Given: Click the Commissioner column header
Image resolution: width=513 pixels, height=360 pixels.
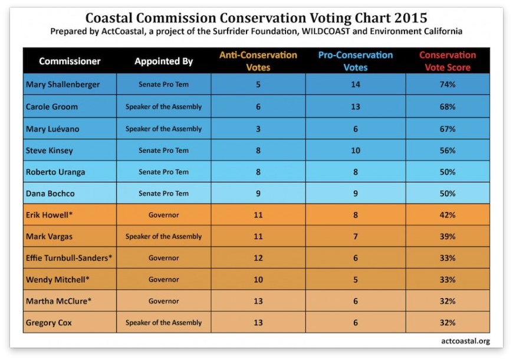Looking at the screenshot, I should pyautogui.click(x=70, y=61).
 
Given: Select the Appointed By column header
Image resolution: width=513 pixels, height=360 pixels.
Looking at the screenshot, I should pyautogui.click(x=163, y=61).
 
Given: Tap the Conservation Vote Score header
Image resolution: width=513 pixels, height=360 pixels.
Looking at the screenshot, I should pyautogui.click(x=448, y=61).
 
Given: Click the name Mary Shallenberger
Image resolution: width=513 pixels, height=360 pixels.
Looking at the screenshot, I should pyautogui.click(x=63, y=84).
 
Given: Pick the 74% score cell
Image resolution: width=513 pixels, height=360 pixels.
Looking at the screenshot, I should pyautogui.click(x=448, y=84).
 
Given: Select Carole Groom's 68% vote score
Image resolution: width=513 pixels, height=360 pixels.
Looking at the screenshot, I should pyautogui.click(x=448, y=107).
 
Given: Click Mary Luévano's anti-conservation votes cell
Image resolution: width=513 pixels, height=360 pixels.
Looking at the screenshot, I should pyautogui.click(x=258, y=129).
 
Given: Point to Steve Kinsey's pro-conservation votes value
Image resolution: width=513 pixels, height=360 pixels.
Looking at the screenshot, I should pyautogui.click(x=356, y=150).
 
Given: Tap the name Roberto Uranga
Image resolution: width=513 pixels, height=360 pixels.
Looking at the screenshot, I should pyautogui.click(x=55, y=172).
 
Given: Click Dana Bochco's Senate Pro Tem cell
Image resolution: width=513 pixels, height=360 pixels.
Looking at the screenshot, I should pyautogui.click(x=163, y=194).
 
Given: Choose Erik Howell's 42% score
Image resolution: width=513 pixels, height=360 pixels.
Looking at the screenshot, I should pyautogui.click(x=448, y=215).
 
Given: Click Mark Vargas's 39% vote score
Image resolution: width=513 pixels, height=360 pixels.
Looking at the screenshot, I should pyautogui.click(x=448, y=237).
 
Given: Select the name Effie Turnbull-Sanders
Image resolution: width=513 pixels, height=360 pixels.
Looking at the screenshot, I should pyautogui.click(x=69, y=258).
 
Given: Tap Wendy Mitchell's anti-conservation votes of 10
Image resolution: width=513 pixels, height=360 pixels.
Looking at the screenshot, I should pyautogui.click(x=258, y=280).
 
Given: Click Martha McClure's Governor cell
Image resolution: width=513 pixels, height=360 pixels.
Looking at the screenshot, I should pyautogui.click(x=163, y=301).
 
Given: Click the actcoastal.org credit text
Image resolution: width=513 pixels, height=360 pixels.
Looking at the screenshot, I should pyautogui.click(x=465, y=341).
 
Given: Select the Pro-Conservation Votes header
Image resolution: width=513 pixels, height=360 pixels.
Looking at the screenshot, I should pyautogui.click(x=356, y=61).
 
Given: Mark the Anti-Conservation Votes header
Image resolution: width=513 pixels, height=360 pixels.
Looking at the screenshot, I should pyautogui.click(x=258, y=61).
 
